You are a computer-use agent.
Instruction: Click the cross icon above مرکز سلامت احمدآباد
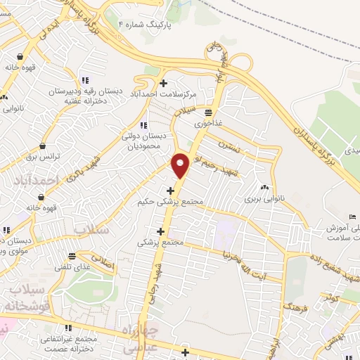(x=164, y=83)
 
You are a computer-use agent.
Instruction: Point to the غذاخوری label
(x=209, y=122)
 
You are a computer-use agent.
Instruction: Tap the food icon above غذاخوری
(x=209, y=112)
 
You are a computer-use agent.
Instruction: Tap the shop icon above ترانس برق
(x=44, y=146)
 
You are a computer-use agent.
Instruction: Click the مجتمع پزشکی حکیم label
(x=171, y=201)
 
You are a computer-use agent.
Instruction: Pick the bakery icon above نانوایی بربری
(x=265, y=188)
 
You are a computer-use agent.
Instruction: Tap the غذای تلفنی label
(x=72, y=266)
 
